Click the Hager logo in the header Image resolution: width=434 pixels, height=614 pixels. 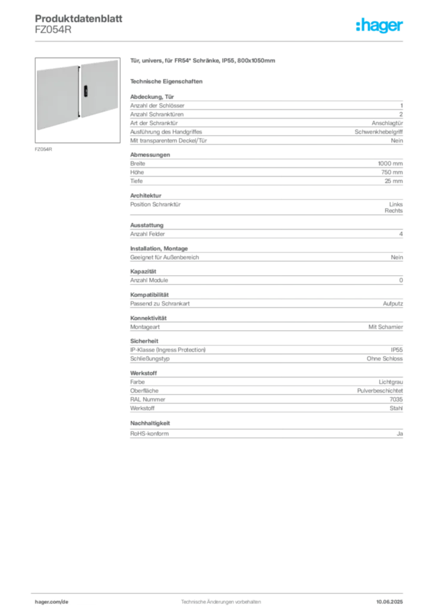[379, 26]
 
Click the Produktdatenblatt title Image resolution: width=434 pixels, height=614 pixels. [79, 19]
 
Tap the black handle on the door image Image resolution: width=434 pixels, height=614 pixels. [86, 92]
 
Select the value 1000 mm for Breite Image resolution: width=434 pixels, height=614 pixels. [390, 164]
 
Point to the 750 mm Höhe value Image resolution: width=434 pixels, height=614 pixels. [391, 172]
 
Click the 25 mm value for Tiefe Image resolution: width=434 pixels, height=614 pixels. [393, 181]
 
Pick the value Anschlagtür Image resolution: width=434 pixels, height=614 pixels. [387, 123]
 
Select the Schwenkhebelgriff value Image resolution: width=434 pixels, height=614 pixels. [378, 132]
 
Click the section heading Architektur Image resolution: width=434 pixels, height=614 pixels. [146, 195]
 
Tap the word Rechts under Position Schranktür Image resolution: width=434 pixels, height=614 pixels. [393, 210]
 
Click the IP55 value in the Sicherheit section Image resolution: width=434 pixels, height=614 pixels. [396, 350]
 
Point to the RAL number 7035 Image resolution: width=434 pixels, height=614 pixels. [396, 399]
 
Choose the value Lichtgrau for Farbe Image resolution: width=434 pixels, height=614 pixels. [391, 382]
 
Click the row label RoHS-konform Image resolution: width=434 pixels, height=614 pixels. [149, 434]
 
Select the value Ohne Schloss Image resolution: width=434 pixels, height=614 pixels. [384, 359]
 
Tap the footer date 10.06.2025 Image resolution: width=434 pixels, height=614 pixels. [390, 602]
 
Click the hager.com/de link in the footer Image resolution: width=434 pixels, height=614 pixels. [52, 602]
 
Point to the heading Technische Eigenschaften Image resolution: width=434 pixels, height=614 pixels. [166, 82]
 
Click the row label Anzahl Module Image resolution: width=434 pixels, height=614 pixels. [149, 281]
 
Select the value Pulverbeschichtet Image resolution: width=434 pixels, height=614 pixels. [379, 391]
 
